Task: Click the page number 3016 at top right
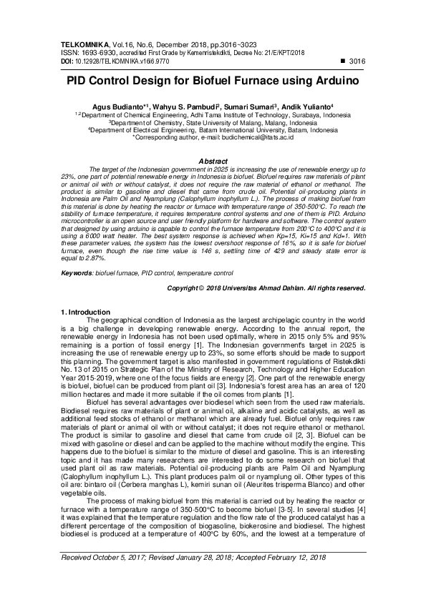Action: click(356, 62)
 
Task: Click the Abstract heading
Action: click(213, 161)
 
